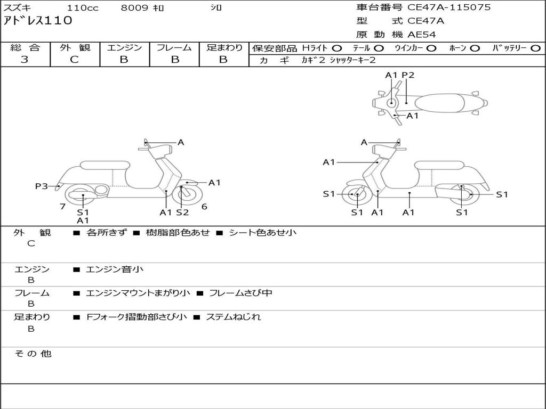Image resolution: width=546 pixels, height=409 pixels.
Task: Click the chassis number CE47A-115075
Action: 449,7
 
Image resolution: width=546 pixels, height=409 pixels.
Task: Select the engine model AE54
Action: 421,35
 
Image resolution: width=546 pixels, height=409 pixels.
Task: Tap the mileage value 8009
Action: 135,8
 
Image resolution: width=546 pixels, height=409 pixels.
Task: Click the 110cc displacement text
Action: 82,8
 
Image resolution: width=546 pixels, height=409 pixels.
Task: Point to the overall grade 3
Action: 25,60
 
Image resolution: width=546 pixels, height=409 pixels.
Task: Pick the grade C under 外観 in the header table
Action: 75,60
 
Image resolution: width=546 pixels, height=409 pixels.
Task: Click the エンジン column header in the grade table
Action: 124,48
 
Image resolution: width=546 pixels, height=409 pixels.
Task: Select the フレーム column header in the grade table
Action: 174,48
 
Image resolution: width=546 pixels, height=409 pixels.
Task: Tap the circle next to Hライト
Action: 337,48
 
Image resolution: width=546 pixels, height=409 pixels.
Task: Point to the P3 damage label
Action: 41,186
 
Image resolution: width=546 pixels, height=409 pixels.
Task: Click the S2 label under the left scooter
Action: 182,212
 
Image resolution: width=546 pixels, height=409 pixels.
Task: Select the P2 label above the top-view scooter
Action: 408,75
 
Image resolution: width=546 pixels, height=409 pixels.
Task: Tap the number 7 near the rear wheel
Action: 62,207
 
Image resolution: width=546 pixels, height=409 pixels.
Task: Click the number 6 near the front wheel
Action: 204,207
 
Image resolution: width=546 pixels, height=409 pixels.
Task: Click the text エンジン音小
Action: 115,269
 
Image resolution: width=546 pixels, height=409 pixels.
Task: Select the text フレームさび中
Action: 240,293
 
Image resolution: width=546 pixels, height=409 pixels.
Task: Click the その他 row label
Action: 33,354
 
